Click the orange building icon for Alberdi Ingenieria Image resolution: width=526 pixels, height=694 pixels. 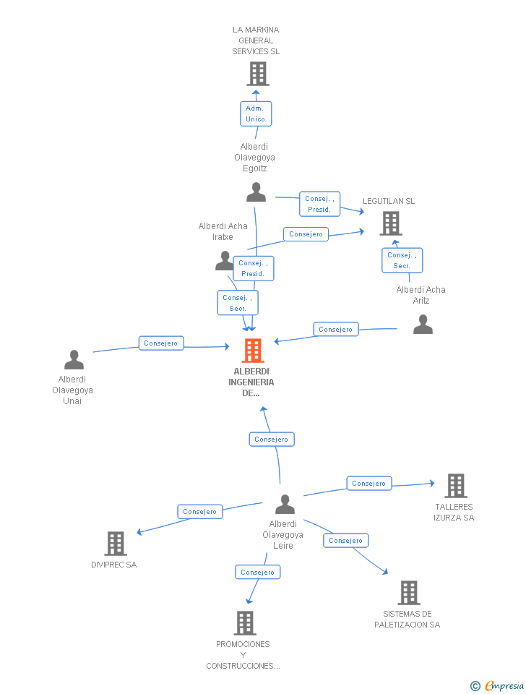pos(252,351)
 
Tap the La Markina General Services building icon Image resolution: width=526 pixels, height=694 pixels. pos(257,74)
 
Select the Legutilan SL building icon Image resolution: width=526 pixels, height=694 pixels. pos(390,223)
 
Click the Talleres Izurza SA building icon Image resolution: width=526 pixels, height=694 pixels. pos(455,486)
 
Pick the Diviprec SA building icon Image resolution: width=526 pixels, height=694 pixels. pos(115,544)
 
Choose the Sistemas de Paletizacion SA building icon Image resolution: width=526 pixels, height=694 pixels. pos(408,593)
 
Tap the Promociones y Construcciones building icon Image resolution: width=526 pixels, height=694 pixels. pos(245,622)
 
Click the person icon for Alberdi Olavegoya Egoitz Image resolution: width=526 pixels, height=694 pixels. pos(256,192)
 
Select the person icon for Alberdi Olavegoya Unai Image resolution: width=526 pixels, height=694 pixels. pos(74,360)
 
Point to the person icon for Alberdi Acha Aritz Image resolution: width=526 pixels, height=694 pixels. pos(423,325)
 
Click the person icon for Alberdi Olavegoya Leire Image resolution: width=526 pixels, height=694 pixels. pos(285,504)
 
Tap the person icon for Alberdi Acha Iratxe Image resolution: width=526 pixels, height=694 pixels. pos(225,261)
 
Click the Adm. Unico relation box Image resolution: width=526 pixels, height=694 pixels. pos(256,113)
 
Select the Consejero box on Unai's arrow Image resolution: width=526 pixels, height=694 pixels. pos(161,343)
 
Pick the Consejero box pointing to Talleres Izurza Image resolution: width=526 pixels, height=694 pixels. pos(369,484)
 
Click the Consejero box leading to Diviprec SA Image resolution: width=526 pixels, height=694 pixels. pos(200,512)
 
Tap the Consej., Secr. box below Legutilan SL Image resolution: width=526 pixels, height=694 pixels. pos(402,260)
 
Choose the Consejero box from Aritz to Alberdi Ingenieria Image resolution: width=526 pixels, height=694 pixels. pos(336,330)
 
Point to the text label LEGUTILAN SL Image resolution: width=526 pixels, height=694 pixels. pos(389,201)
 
